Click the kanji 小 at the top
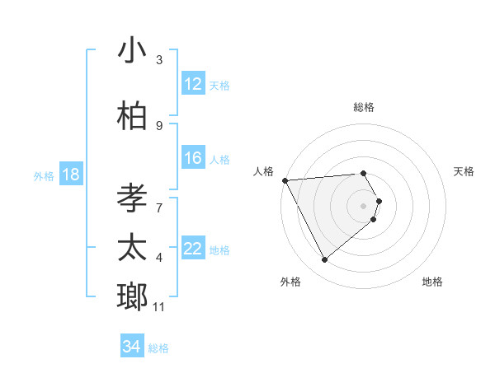(133, 51)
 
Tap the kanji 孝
(133, 195)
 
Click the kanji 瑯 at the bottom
(133, 297)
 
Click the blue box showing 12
(193, 84)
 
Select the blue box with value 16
(193, 158)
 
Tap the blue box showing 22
(193, 249)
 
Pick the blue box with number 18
(70, 175)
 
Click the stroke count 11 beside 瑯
(158, 307)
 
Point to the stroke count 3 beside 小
(159, 59)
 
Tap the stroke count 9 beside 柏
(159, 125)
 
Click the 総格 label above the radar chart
(363, 107)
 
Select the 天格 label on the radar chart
(464, 171)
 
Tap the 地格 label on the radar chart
(432, 282)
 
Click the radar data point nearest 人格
(284, 180)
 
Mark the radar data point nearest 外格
(324, 260)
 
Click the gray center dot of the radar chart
(363, 205)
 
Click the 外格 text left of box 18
(44, 175)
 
